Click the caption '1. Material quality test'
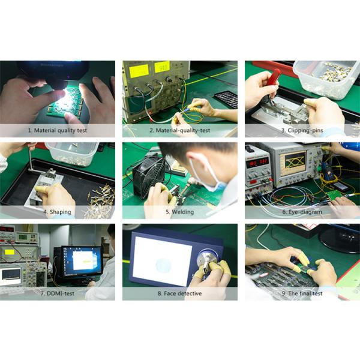pos(58,130)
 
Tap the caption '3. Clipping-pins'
pos(302,130)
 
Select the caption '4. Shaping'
pos(58,212)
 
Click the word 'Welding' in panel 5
pos(183,212)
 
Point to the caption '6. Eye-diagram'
pos(302,212)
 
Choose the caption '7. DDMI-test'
pos(58,293)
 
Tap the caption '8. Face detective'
pos(180,293)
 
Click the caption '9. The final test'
pos(302,293)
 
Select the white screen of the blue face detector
pos(162,261)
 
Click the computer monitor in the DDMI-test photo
pos(81,262)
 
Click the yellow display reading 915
pos(162,67)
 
